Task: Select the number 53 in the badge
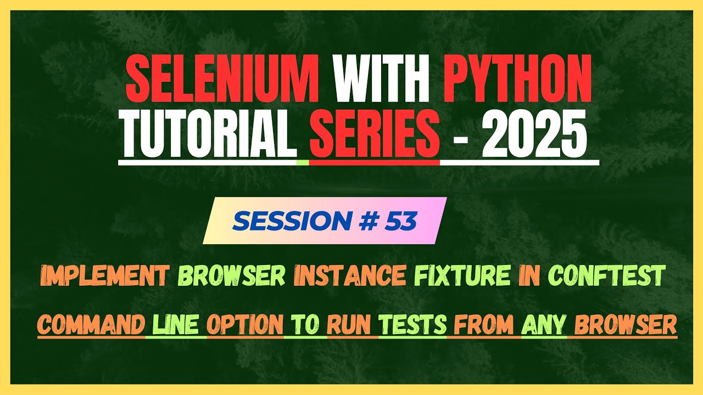pos(400,221)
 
